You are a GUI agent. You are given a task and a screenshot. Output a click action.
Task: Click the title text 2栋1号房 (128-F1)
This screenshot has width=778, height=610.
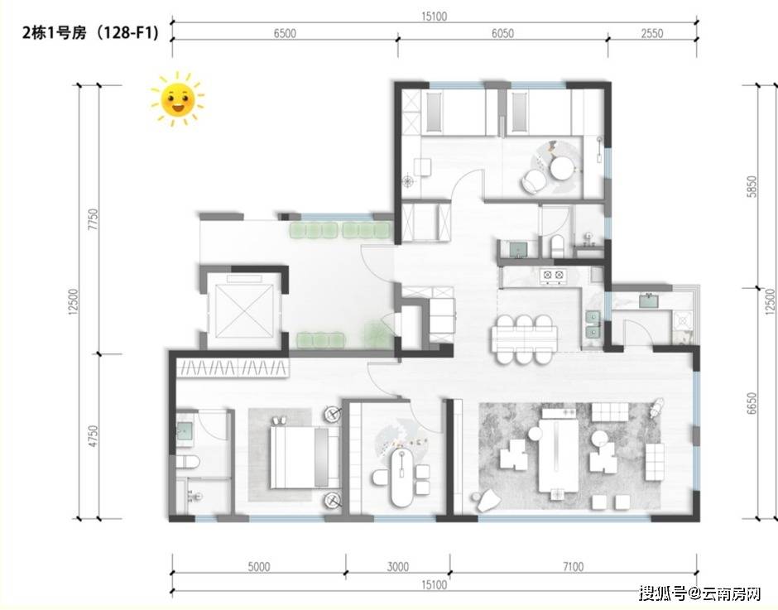(90, 33)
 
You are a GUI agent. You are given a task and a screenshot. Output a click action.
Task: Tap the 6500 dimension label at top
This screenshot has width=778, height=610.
(285, 33)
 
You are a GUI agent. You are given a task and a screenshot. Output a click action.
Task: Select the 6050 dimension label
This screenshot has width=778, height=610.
(502, 33)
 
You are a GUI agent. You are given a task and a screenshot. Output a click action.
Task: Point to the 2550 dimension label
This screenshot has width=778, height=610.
(651, 33)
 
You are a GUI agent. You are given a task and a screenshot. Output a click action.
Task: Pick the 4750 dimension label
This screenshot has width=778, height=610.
(93, 436)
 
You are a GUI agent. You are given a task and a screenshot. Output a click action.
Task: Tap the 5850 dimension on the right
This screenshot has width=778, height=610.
(752, 186)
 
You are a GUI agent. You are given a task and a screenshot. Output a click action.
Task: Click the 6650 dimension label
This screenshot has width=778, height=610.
(752, 404)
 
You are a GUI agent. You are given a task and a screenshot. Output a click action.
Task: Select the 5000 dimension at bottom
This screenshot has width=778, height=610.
(258, 567)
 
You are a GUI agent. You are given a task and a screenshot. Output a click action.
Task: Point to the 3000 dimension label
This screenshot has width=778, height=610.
(398, 567)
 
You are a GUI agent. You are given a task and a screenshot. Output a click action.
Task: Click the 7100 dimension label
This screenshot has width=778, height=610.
(573, 567)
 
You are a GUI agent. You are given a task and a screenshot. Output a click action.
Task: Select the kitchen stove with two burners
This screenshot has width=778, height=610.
(553, 275)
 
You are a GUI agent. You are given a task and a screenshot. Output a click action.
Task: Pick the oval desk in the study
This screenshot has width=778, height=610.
(401, 478)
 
